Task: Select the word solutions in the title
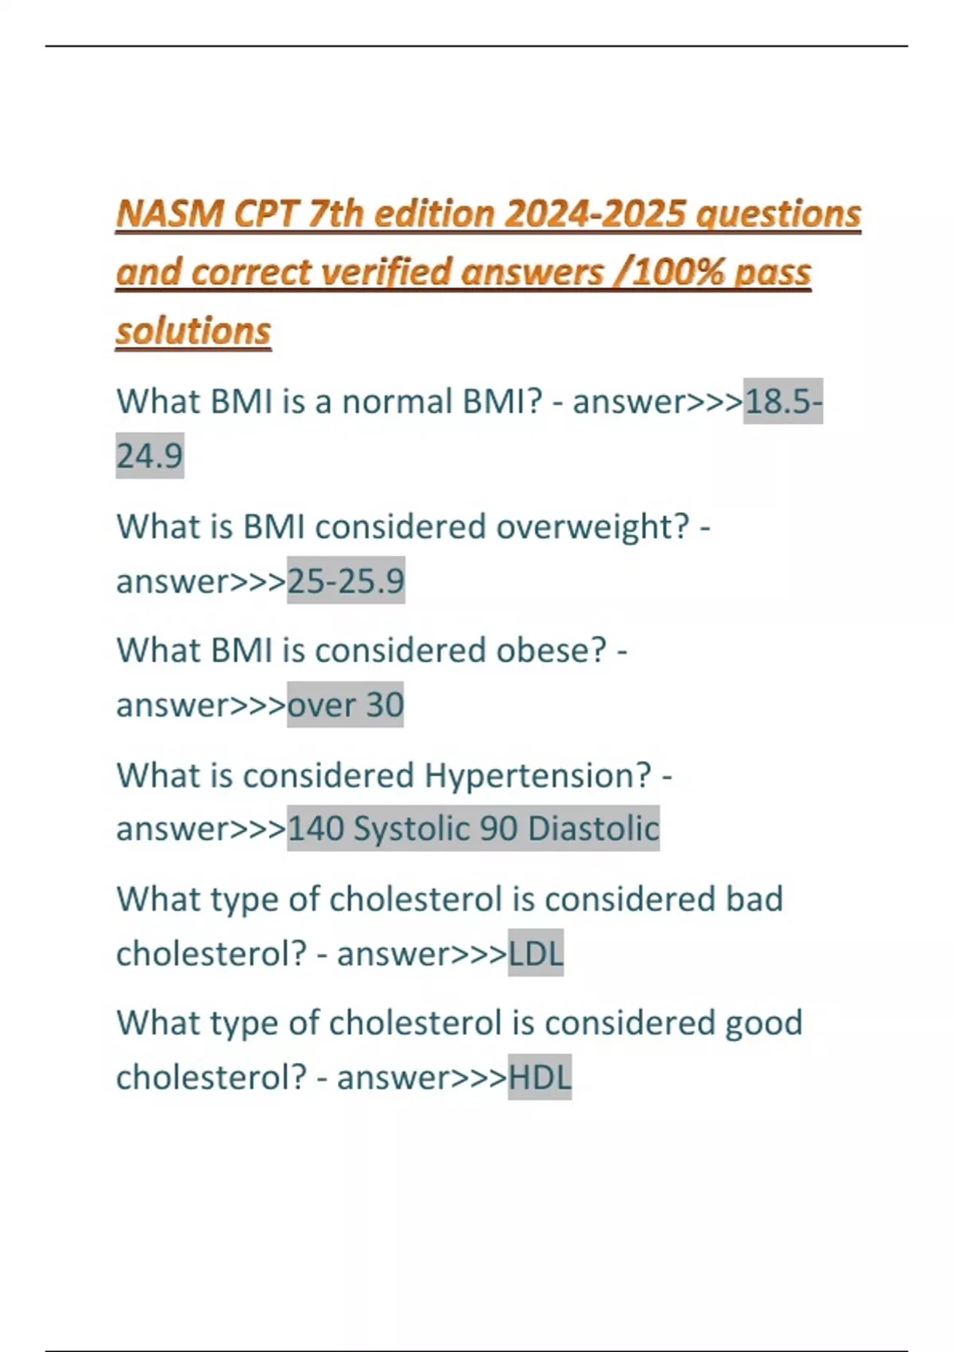click(193, 331)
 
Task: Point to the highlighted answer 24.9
click(149, 456)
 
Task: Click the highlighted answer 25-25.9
click(346, 581)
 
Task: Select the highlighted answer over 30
click(345, 705)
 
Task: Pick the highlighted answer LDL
click(536, 953)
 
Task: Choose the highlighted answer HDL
click(540, 1077)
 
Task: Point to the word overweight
click(592, 527)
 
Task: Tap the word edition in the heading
click(434, 213)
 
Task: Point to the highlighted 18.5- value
click(782, 402)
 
